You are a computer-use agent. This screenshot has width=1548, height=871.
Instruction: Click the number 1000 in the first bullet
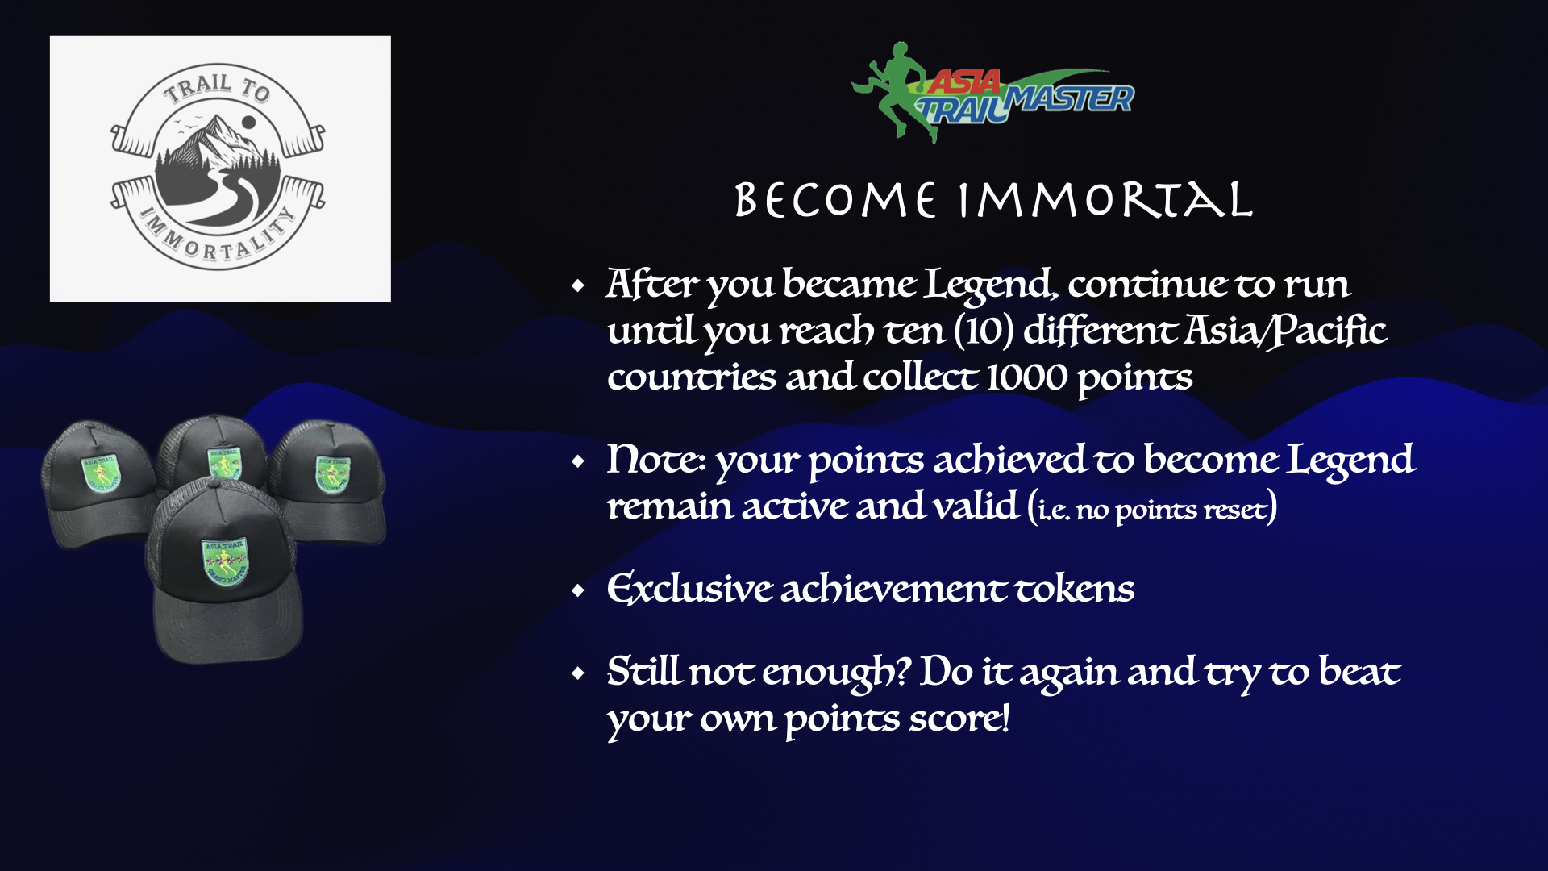click(1026, 377)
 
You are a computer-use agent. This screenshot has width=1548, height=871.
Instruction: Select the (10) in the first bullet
click(984, 331)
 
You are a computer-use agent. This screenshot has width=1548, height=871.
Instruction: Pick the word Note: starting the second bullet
click(656, 460)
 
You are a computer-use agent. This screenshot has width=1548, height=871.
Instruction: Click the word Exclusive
click(689, 589)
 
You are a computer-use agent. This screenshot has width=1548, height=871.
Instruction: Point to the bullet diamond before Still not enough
click(577, 673)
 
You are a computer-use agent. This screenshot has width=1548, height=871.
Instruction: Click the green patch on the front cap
click(225, 561)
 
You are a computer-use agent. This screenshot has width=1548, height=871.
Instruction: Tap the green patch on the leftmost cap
click(102, 473)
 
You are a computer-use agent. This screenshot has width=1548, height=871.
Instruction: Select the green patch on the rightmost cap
click(333, 473)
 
